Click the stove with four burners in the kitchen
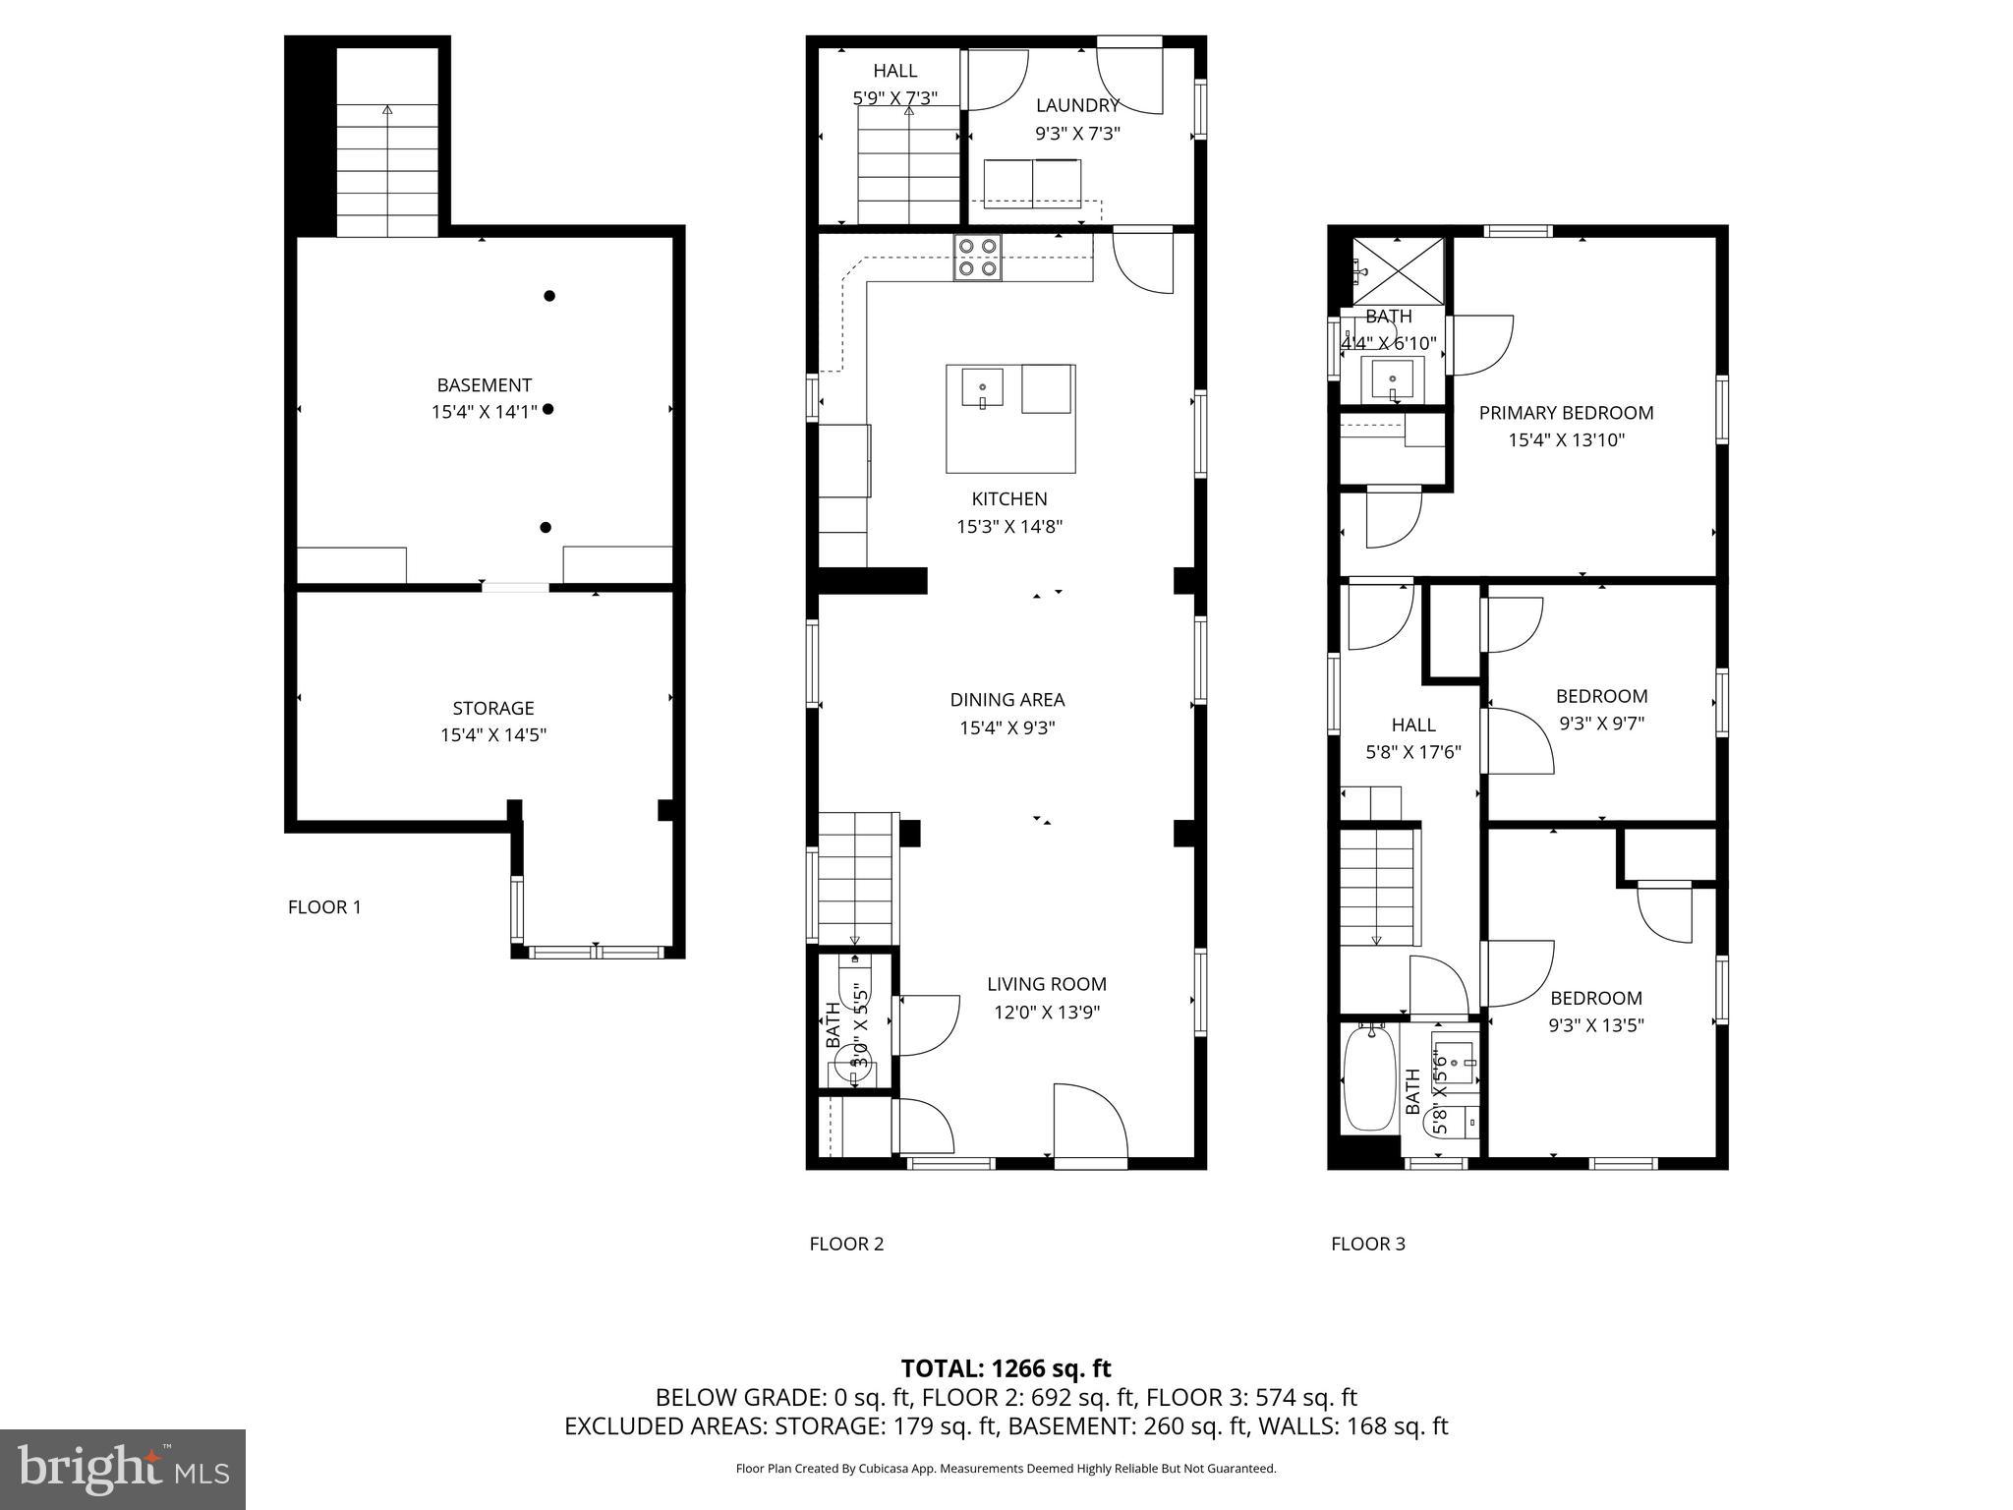point(978,258)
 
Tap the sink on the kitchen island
point(982,387)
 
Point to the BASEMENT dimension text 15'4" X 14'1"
point(485,412)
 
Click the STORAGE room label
point(493,708)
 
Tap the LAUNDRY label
point(1077,105)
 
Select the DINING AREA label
point(1006,700)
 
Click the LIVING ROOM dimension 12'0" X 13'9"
point(1047,1012)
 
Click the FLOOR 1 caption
point(324,907)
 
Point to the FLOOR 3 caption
point(1367,1244)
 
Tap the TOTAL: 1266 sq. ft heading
point(1006,1368)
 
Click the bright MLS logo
point(122,1469)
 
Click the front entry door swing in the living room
point(1089,1123)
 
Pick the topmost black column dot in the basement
point(549,296)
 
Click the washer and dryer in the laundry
point(1032,183)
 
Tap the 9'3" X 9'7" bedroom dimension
point(1601,724)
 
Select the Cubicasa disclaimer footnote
point(1006,1469)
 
